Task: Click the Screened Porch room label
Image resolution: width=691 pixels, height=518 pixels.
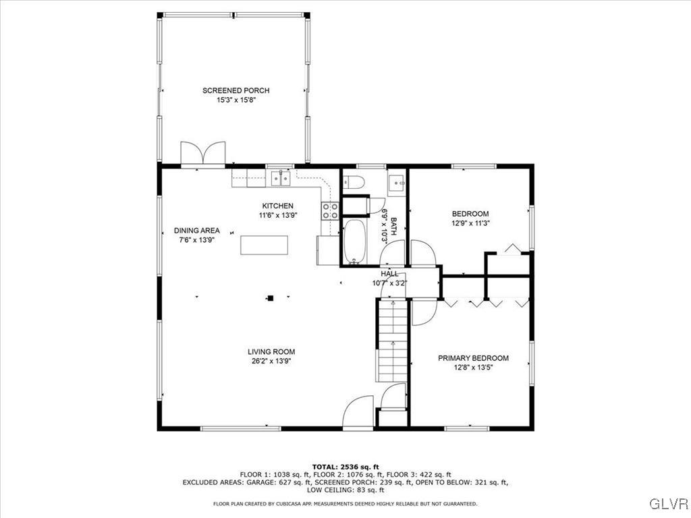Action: tap(236, 90)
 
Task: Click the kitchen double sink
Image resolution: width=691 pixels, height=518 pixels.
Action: tap(281, 178)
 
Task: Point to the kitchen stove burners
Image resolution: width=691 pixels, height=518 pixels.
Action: tap(329, 210)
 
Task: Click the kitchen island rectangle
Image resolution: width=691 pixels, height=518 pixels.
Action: tap(264, 245)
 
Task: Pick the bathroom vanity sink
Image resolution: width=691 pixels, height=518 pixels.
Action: tap(397, 182)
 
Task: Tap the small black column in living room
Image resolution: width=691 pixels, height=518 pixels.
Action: tap(271, 298)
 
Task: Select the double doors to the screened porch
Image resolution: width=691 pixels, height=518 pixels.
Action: tap(202, 153)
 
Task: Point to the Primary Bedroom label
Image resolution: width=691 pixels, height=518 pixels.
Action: tap(473, 358)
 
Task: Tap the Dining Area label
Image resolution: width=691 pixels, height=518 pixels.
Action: tap(196, 231)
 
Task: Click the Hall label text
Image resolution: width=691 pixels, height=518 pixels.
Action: tap(389, 274)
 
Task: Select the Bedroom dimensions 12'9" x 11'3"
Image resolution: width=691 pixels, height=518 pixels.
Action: tap(470, 223)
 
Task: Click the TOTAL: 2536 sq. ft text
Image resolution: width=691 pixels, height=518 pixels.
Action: tap(345, 467)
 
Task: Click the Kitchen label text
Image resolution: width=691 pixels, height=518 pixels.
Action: tap(277, 206)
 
